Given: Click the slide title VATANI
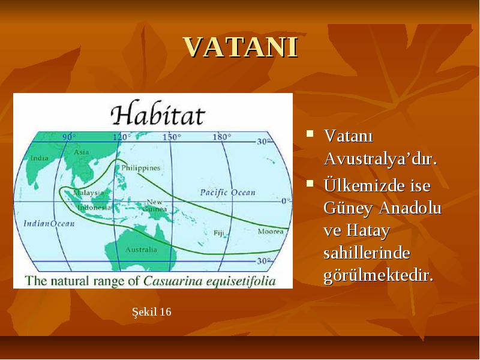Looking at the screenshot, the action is (x=241, y=47).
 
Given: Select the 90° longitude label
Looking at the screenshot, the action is (x=69, y=137).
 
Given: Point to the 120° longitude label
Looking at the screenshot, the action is (x=122, y=137).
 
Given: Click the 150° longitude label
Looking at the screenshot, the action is (x=172, y=137).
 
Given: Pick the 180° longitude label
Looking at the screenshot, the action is (x=222, y=137).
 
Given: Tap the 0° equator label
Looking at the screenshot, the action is (x=286, y=201).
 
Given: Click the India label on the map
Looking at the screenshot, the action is (x=40, y=158).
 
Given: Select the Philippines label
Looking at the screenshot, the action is (x=141, y=168).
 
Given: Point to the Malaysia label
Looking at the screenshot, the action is (x=88, y=193).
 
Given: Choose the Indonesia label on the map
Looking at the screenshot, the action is (x=94, y=208).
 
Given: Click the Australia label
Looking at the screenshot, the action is (x=141, y=250).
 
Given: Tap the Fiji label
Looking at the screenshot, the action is (x=219, y=233).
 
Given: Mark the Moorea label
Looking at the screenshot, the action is (x=271, y=232).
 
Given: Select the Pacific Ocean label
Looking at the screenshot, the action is (x=228, y=193).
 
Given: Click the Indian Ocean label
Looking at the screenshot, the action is (x=49, y=223).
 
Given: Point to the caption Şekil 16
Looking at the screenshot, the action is (x=152, y=312).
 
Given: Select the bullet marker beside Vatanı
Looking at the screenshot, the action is (x=310, y=134).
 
